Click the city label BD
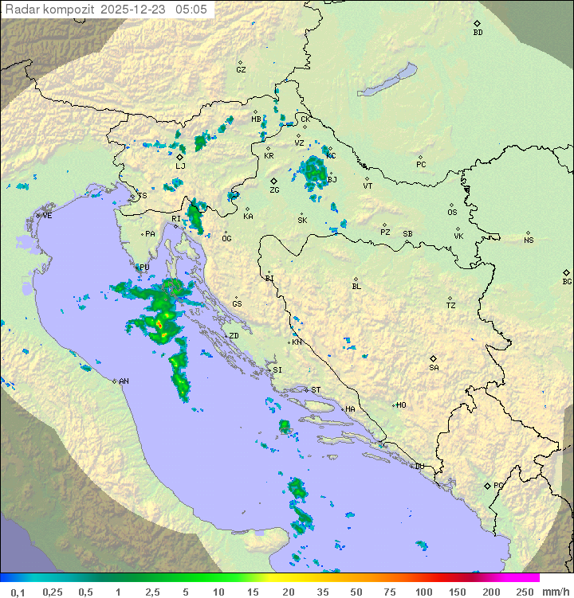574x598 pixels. pos(478,33)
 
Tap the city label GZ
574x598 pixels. pos(241,70)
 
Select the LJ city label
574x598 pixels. pos(180,166)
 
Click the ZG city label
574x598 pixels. pos(274,190)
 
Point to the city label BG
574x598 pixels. pos(567,282)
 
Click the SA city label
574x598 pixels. pos(434,368)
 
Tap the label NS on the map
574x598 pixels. pos(529,240)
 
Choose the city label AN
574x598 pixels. pos(124,381)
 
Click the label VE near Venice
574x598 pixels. pos(47,216)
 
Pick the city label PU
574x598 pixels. pos(144,268)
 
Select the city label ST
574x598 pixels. pos(316,390)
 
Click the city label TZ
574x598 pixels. pos(450,306)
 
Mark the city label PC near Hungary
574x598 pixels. pos(421,165)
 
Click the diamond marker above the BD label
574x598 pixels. pos(478,24)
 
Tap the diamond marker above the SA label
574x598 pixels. pos(434,359)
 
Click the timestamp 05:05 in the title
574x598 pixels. pos(192,10)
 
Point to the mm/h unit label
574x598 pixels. pos(554,592)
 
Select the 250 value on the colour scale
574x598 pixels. pos(525,592)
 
